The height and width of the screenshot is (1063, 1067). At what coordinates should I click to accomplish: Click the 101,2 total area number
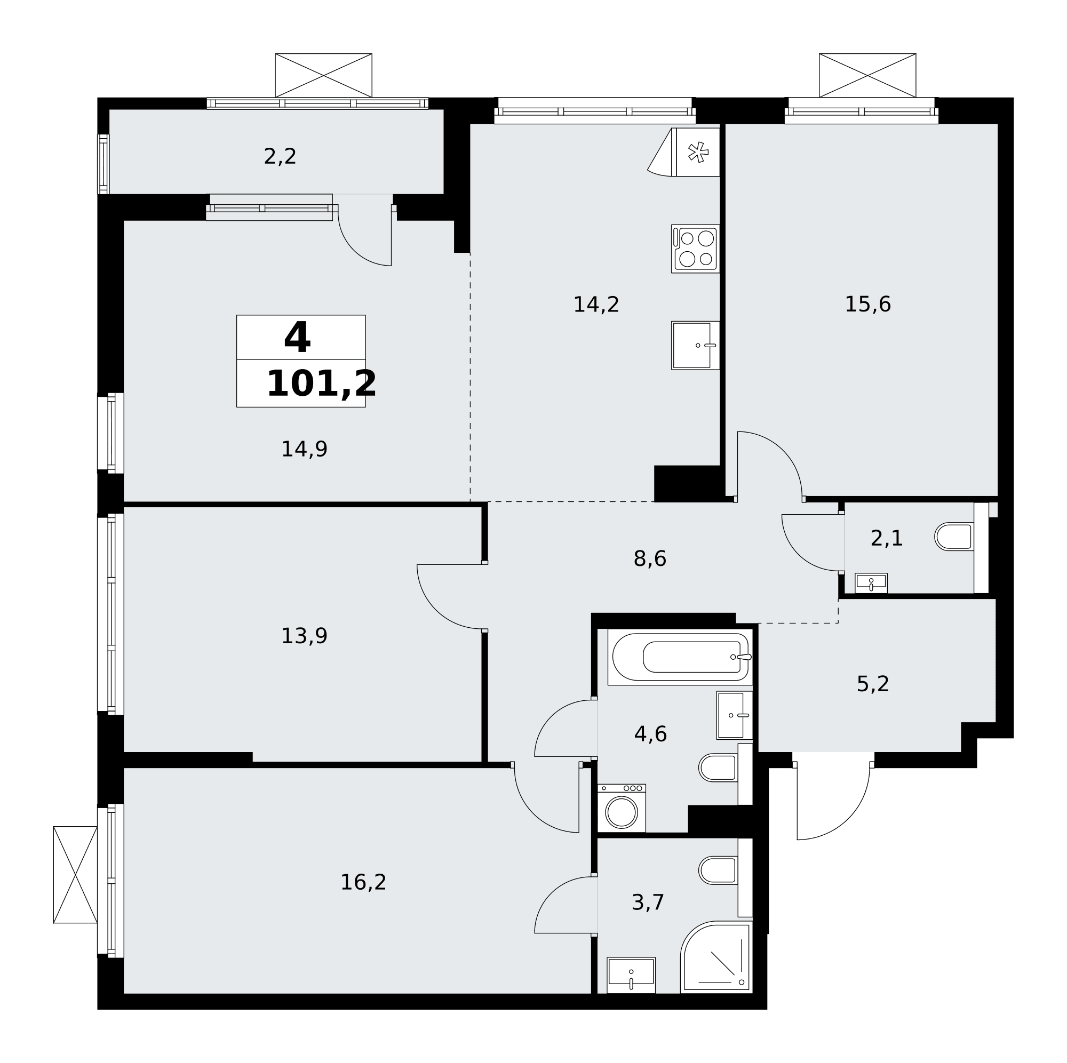click(321, 384)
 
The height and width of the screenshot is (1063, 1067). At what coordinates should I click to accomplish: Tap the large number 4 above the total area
click(297, 338)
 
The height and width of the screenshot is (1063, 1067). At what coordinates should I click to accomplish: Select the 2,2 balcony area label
click(280, 157)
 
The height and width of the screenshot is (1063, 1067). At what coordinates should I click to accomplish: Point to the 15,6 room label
click(867, 304)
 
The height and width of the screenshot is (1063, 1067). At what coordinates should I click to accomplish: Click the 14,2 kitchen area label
click(596, 305)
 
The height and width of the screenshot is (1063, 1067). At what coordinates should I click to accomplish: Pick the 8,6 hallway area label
click(650, 560)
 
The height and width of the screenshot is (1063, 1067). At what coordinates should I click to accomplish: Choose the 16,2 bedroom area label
click(363, 882)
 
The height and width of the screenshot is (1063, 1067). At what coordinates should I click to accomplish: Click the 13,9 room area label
click(304, 636)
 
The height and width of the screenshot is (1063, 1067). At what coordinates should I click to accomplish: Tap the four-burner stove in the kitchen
click(695, 249)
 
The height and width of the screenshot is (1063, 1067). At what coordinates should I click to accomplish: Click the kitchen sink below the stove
click(695, 345)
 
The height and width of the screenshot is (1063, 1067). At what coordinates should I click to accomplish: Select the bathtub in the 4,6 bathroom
click(680, 657)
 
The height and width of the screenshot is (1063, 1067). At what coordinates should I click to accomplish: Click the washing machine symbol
click(622, 808)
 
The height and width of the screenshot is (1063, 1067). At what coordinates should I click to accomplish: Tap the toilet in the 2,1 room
click(954, 537)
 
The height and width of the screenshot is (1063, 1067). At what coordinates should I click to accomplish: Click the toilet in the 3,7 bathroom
click(718, 870)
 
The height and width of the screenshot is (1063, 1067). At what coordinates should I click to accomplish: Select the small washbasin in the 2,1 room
click(871, 583)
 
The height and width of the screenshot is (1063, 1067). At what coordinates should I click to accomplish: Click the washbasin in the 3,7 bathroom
click(631, 975)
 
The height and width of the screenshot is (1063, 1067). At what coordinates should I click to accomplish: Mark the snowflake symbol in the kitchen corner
click(698, 152)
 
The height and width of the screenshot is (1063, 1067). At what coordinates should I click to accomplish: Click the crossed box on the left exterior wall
click(75, 874)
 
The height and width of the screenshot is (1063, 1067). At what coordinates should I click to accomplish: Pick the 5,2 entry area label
click(873, 685)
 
